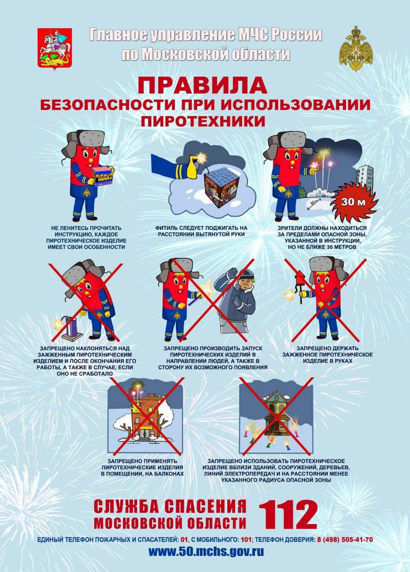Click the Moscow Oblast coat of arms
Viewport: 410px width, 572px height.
tap(55, 49)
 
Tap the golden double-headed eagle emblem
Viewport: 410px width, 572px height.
tap(356, 49)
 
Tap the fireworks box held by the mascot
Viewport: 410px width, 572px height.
tap(103, 176)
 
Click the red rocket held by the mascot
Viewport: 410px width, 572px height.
tap(299, 282)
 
